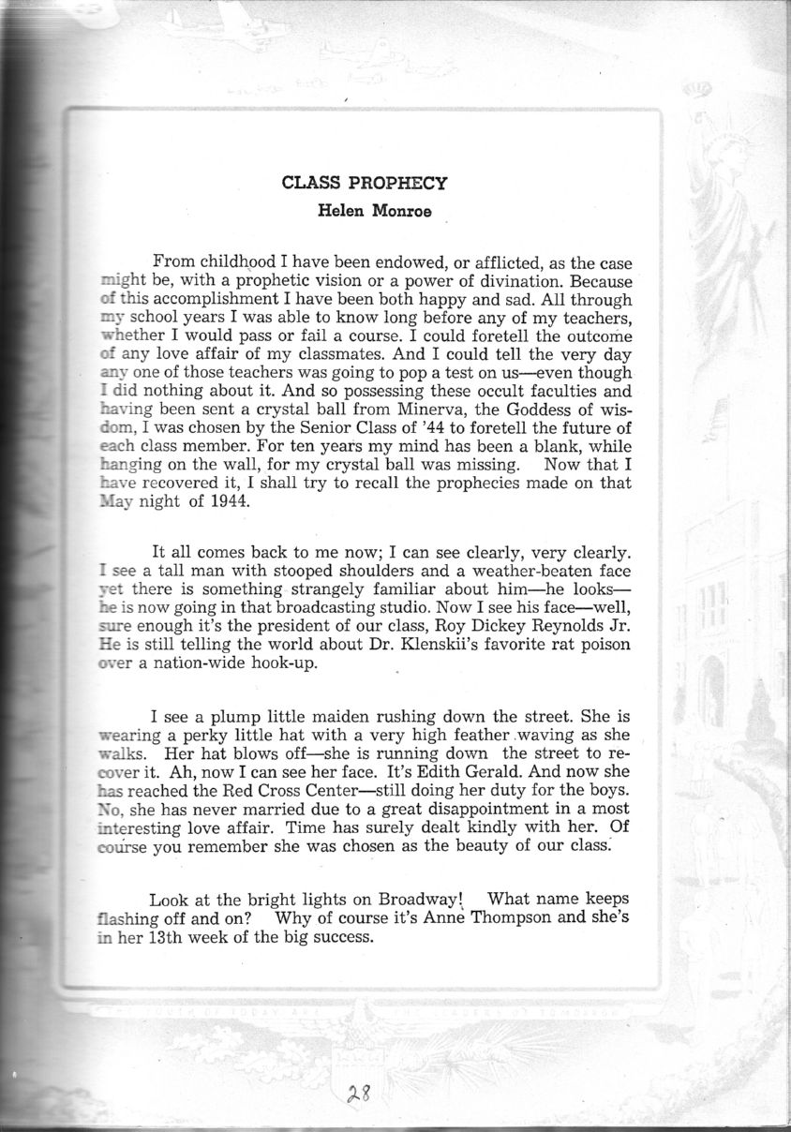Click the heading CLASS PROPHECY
(365, 183)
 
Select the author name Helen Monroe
(366, 210)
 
